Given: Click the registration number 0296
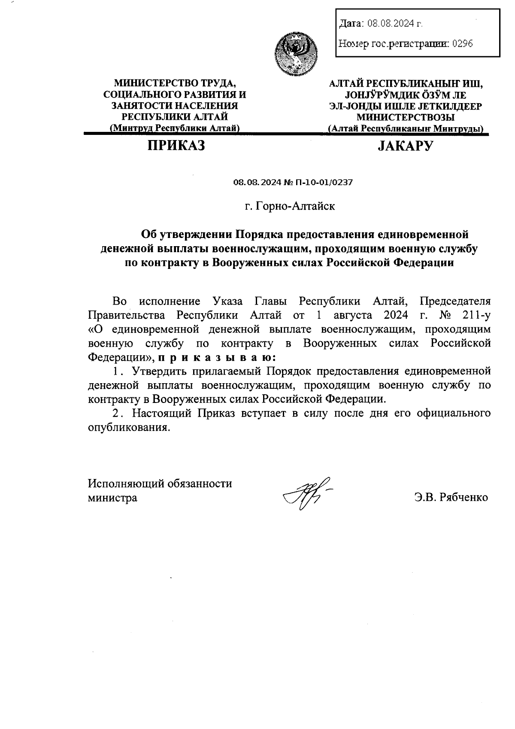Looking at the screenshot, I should (x=463, y=43).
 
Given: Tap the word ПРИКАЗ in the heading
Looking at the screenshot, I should (x=176, y=146).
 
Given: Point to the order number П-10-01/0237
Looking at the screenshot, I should (x=323, y=183).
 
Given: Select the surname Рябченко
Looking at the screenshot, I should (x=462, y=497).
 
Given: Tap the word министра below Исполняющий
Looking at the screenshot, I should (x=112, y=498).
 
